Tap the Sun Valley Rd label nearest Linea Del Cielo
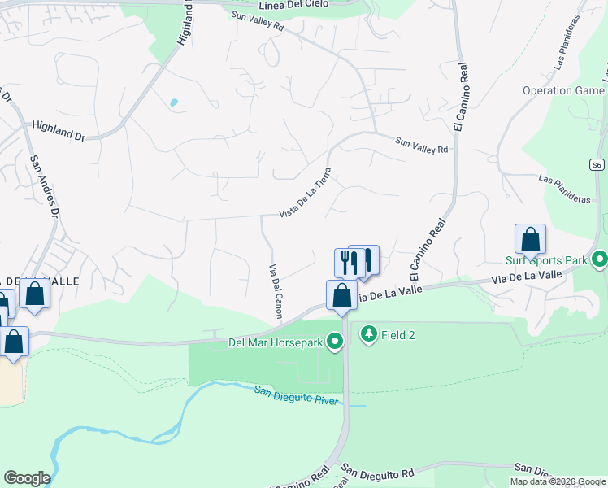pyautogui.click(x=257, y=21)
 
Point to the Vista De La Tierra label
pyautogui.click(x=305, y=193)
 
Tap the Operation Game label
pyautogui.click(x=563, y=91)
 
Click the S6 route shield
pyautogui.click(x=597, y=164)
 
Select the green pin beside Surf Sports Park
pyautogui.click(x=600, y=260)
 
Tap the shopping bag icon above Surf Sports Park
pyautogui.click(x=530, y=239)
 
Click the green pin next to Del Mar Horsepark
pyautogui.click(x=334, y=342)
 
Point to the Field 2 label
pyautogui.click(x=400, y=335)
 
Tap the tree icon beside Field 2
pyautogui.click(x=369, y=334)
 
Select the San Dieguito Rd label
pyautogui.click(x=377, y=472)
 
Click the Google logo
pyautogui.click(x=27, y=478)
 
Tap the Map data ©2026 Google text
pyautogui.click(x=557, y=481)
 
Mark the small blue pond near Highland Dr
pyautogui.click(x=173, y=103)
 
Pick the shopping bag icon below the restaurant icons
pyautogui.click(x=341, y=295)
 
